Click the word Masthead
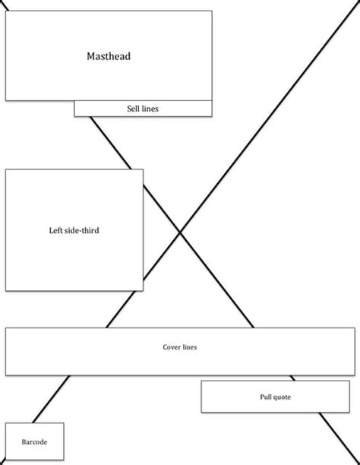point(109,56)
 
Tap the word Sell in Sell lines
point(134,109)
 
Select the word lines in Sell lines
point(150,109)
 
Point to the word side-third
point(81,230)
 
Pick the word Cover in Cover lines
point(172,347)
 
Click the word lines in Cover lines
point(190,347)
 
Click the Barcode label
point(34,441)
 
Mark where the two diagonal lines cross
point(180,232)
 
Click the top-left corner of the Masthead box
point(5,11)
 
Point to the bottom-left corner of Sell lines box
point(74,116)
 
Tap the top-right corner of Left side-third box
point(143,169)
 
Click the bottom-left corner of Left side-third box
point(5,290)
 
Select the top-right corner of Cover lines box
point(355,328)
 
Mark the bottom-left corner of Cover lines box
point(5,375)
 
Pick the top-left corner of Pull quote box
point(201,381)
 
